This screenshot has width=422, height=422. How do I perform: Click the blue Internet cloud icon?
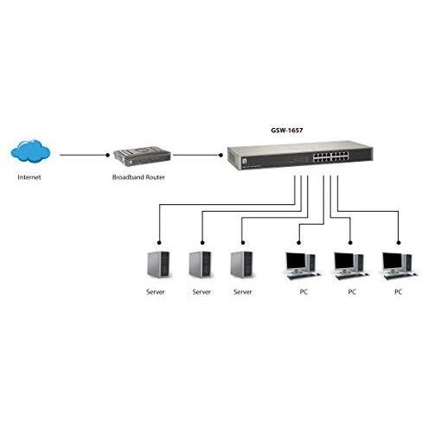click(x=31, y=152)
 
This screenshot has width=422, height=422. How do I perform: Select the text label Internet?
click(x=30, y=177)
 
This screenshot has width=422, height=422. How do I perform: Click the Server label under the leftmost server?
click(x=160, y=291)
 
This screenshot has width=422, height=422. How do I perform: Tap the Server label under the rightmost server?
click(x=242, y=291)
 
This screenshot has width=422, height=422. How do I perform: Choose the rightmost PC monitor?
click(x=398, y=262)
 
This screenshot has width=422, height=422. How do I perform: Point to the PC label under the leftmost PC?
click(x=303, y=291)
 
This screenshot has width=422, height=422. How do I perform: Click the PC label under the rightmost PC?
click(x=398, y=291)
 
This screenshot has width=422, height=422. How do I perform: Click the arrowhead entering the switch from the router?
click(x=220, y=157)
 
